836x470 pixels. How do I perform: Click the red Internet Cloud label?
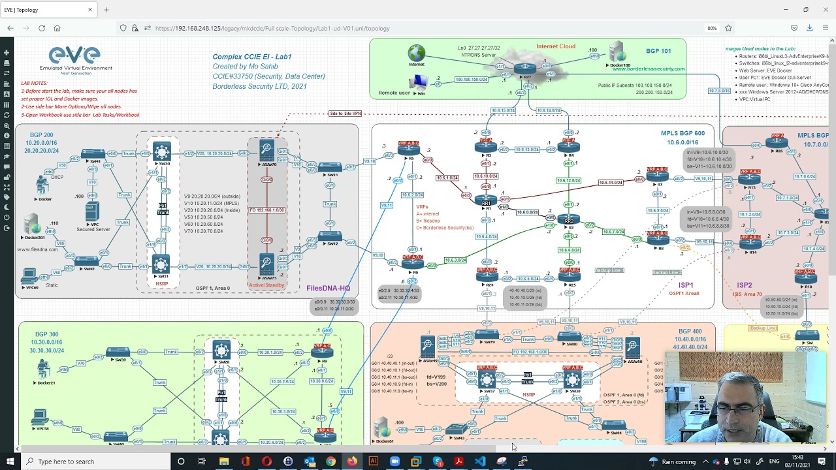tap(556, 46)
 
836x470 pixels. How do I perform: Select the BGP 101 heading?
tap(658, 51)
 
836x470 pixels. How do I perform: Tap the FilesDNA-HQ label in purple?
tap(328, 288)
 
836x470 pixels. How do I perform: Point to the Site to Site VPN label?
tap(346, 114)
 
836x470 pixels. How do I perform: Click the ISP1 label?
tap(686, 285)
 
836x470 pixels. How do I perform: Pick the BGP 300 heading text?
tap(47, 334)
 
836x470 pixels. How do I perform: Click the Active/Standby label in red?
tap(266, 285)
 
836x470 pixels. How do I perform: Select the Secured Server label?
tap(93, 229)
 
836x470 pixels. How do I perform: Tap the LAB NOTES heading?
tap(34, 84)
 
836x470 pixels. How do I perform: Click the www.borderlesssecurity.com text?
tap(648, 69)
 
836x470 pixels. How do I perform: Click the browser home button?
tap(57, 28)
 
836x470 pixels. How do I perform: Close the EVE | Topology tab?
tap(90, 10)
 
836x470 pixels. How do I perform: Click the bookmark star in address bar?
tap(728, 28)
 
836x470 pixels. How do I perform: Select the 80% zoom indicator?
tap(712, 28)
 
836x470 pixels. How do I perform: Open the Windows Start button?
tap(10, 462)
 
